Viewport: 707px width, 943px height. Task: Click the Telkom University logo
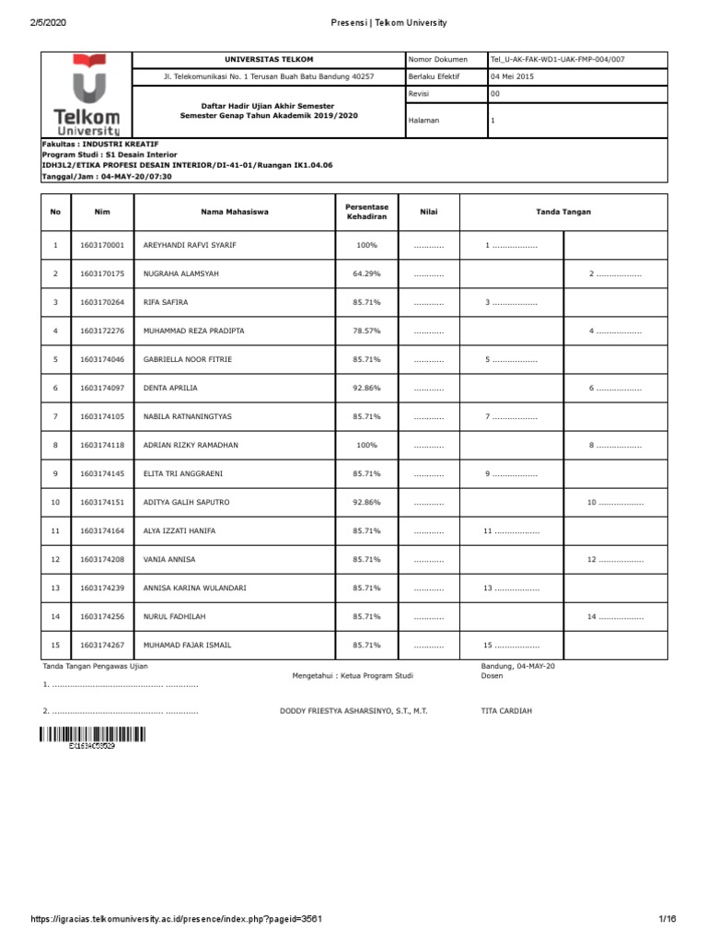[x=87, y=94]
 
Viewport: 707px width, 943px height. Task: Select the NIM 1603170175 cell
[x=101, y=274]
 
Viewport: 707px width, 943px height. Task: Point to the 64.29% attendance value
[x=366, y=274]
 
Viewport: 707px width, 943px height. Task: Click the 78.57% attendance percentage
[x=366, y=330]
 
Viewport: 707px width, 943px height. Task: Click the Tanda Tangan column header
[x=562, y=212]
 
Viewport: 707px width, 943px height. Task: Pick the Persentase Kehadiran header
[x=366, y=212]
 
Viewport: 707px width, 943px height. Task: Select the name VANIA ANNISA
[x=169, y=559]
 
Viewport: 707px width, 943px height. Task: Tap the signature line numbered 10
[x=615, y=503]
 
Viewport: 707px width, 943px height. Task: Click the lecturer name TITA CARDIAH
[x=506, y=712]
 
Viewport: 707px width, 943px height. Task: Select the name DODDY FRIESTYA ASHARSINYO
[x=353, y=712]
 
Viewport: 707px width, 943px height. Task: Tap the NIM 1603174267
[x=101, y=644]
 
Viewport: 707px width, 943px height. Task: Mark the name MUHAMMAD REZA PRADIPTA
[x=194, y=330]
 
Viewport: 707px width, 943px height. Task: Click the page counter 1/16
[x=666, y=919]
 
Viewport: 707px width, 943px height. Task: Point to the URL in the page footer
[x=176, y=919]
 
